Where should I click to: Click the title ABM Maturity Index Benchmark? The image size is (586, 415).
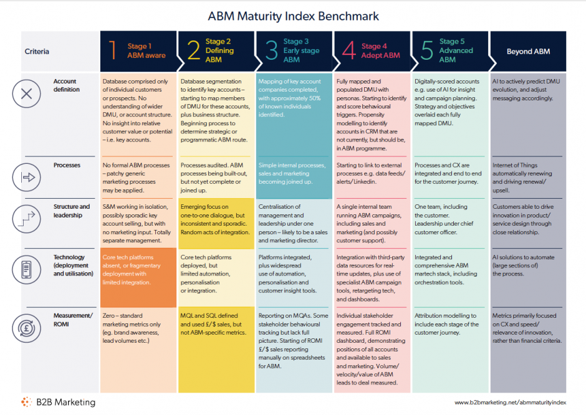tap(294, 16)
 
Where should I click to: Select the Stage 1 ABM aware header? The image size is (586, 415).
tap(138, 51)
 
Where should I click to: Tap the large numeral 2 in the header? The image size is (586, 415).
tap(194, 50)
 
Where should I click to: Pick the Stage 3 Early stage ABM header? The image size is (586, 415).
tap(294, 51)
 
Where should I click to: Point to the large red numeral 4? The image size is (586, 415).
tap(349, 50)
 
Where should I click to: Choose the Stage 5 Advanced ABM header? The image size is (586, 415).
tap(450, 51)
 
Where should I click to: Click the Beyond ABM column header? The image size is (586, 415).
tap(528, 51)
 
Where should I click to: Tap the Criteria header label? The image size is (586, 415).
tap(37, 52)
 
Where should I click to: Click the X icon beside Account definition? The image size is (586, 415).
tap(27, 93)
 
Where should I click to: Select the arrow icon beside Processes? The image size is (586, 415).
tap(27, 177)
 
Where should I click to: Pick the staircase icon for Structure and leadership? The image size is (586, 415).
tap(27, 219)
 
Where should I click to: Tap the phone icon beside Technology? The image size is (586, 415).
tap(27, 269)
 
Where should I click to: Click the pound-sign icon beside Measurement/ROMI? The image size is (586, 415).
tap(27, 328)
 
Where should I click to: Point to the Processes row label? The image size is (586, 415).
tap(67, 165)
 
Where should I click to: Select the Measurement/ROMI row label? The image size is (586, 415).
tap(73, 320)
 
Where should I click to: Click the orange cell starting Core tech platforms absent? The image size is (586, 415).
tap(138, 277)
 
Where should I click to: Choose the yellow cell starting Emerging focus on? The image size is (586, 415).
tap(216, 223)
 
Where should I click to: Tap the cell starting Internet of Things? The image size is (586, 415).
tap(527, 178)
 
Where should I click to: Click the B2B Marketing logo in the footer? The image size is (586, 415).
tap(59, 402)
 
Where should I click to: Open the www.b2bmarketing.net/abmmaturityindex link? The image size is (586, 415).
tap(510, 403)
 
